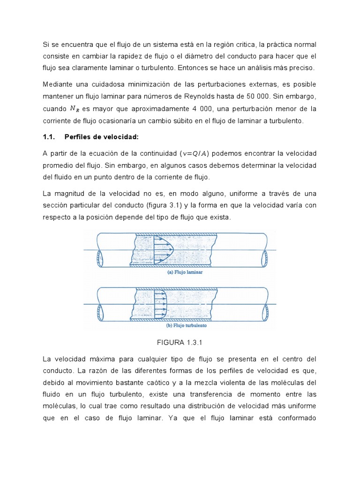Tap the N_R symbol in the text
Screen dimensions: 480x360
[x=75, y=109]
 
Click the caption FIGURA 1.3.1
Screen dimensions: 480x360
[x=180, y=343]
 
